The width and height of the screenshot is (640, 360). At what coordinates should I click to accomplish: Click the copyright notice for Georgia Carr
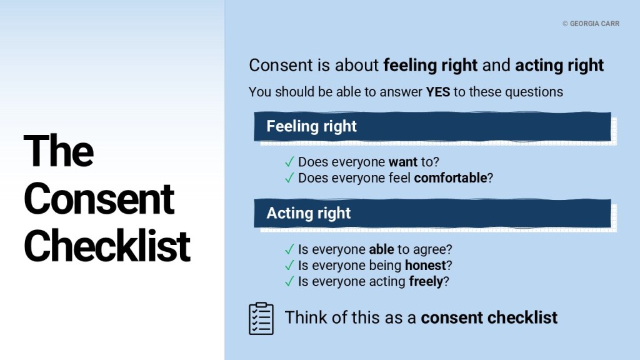click(x=591, y=24)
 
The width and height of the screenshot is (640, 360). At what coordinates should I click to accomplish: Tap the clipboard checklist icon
click(x=261, y=318)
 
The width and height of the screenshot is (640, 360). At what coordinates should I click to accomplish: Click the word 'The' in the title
click(x=59, y=151)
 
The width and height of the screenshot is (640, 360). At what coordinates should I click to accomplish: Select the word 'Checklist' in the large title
click(x=107, y=246)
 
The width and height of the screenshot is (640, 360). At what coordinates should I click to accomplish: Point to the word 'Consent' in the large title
click(x=99, y=199)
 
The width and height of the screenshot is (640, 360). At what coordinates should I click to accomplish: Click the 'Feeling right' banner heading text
click(x=311, y=126)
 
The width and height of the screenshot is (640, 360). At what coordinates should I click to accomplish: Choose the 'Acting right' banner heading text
click(x=309, y=213)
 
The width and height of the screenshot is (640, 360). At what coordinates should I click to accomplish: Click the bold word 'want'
click(x=403, y=162)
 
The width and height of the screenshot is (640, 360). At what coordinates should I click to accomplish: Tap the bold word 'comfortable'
click(x=450, y=178)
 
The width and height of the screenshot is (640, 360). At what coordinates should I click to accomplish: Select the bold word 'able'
click(x=382, y=249)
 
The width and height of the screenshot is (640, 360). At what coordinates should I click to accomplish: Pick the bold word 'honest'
click(x=425, y=265)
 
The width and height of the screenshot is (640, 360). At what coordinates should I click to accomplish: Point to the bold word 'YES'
click(x=438, y=92)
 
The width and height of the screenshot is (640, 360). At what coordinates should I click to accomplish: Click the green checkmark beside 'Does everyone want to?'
click(x=289, y=162)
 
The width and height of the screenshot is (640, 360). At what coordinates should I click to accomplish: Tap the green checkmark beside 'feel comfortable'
click(x=289, y=178)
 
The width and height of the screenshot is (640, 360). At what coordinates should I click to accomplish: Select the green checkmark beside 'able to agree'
click(x=289, y=249)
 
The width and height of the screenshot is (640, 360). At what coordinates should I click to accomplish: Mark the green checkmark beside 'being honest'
click(x=289, y=265)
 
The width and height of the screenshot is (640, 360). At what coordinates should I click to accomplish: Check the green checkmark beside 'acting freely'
click(x=289, y=281)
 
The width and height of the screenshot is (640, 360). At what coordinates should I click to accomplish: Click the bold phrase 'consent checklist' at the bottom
click(x=489, y=317)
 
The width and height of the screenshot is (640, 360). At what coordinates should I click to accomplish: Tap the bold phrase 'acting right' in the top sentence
click(x=559, y=66)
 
